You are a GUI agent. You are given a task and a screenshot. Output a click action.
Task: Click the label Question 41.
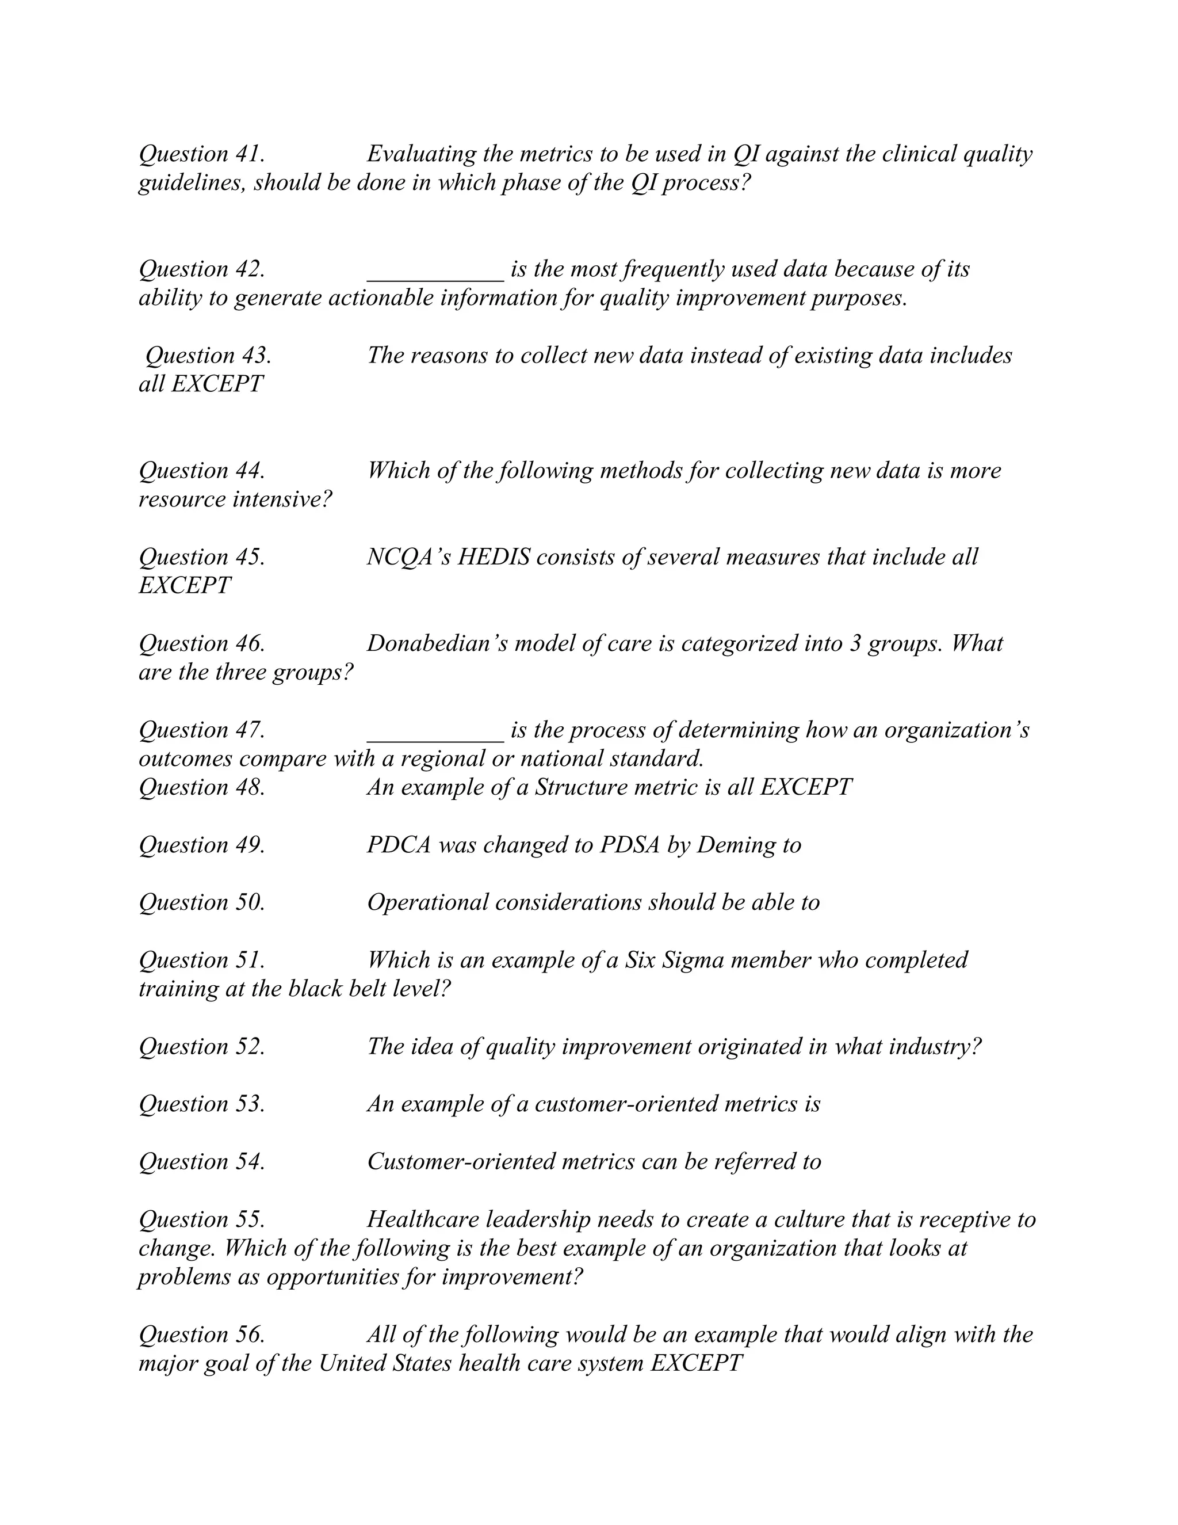point(202,154)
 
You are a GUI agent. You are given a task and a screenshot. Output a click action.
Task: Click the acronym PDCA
point(399,845)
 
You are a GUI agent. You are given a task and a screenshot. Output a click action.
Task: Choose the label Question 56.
point(202,1335)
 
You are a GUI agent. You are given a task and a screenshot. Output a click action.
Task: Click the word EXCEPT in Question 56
point(696,1363)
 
